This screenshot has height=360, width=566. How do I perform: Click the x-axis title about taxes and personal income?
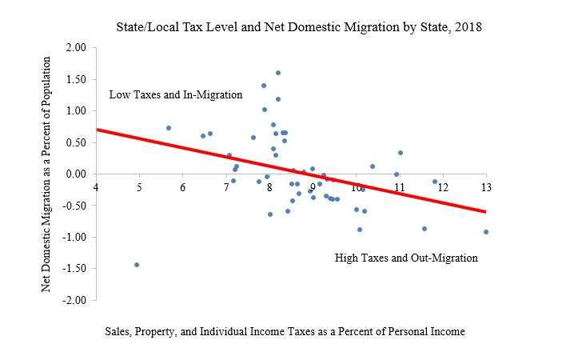click(x=285, y=330)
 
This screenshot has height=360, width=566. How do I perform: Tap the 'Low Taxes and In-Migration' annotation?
click(x=175, y=94)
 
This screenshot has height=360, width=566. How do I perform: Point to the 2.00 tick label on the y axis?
click(x=74, y=48)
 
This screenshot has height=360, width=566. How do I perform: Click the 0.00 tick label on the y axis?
click(x=74, y=174)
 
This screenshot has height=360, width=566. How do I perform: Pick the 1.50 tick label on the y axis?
click(x=74, y=79)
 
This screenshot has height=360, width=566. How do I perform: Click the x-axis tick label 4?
click(x=96, y=187)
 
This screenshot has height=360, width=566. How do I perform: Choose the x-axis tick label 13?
click(x=485, y=187)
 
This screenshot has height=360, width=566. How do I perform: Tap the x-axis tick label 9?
click(x=313, y=187)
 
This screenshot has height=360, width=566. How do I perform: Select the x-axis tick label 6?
click(x=182, y=187)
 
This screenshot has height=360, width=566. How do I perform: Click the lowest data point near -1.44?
click(x=137, y=265)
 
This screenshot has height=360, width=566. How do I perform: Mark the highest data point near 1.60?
click(x=278, y=73)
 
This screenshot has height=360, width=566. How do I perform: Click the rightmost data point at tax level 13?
click(x=486, y=232)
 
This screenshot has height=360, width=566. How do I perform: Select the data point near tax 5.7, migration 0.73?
click(x=169, y=128)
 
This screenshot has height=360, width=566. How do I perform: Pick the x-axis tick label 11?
click(x=399, y=187)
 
